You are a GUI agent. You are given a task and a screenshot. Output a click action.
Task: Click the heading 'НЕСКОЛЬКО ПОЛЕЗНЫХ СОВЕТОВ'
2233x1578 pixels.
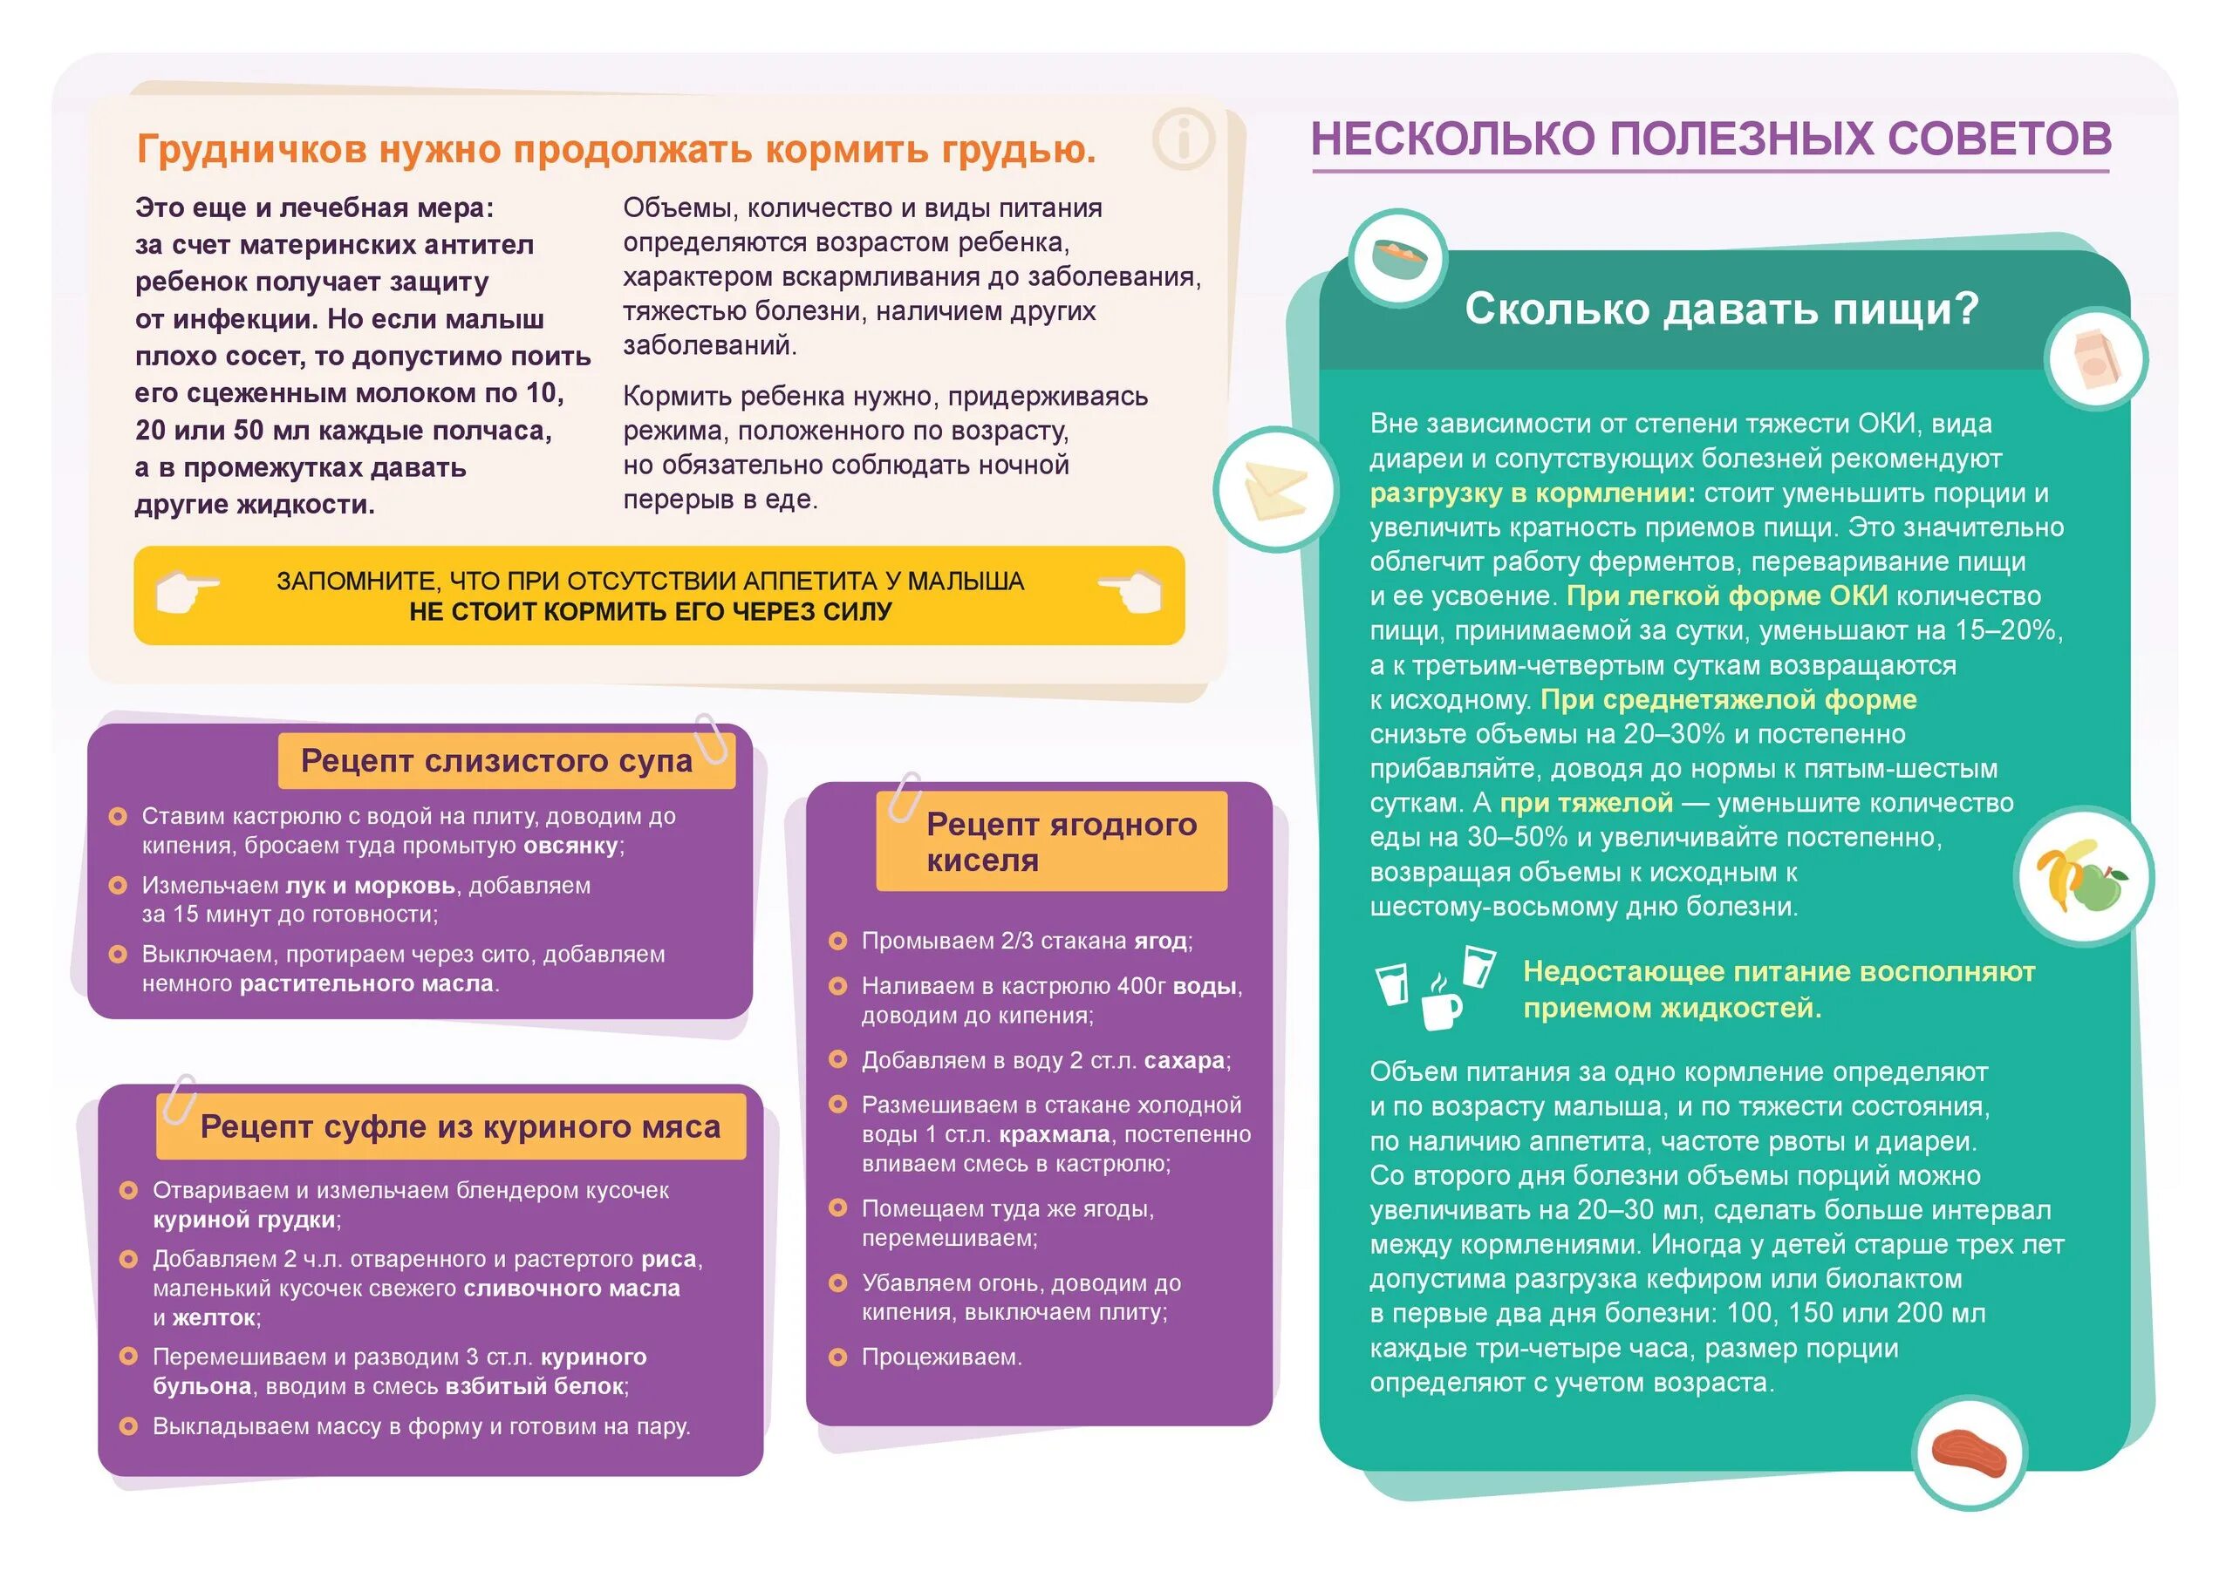(1711, 139)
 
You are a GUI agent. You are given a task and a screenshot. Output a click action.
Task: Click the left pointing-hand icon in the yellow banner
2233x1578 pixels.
(185, 591)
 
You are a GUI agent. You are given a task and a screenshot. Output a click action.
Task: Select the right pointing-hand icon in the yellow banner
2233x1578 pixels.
(1132, 591)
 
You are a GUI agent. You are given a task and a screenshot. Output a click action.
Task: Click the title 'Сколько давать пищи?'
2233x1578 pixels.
(1722, 309)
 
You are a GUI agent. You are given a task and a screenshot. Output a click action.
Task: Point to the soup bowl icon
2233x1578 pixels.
(1398, 258)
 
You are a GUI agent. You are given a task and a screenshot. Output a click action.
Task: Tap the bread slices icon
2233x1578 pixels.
(1275, 489)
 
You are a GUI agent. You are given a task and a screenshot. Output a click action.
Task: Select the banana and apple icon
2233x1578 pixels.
(2082, 876)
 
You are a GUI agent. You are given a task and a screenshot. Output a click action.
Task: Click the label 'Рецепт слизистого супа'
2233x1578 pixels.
(496, 760)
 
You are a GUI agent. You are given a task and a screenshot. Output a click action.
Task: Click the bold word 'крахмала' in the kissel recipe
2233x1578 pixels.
(1054, 1134)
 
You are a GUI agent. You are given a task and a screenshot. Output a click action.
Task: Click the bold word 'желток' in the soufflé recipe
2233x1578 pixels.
(214, 1318)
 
